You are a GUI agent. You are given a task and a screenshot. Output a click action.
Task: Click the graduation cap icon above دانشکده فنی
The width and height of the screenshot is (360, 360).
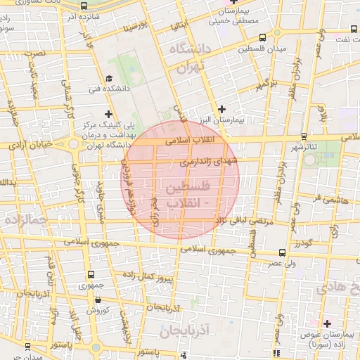[108, 78]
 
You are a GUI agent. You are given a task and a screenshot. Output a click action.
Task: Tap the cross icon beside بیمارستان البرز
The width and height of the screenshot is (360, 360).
[222, 108]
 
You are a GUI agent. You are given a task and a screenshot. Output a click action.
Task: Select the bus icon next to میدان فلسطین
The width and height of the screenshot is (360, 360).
[262, 37]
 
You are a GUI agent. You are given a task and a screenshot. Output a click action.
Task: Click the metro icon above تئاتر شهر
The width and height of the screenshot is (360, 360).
[303, 136]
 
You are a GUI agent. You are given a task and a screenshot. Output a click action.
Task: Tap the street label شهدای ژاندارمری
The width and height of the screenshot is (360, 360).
[210, 162]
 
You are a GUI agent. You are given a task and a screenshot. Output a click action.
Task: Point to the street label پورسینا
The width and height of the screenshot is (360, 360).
[135, 27]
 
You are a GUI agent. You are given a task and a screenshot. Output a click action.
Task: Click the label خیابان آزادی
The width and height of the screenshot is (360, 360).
[31, 144]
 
